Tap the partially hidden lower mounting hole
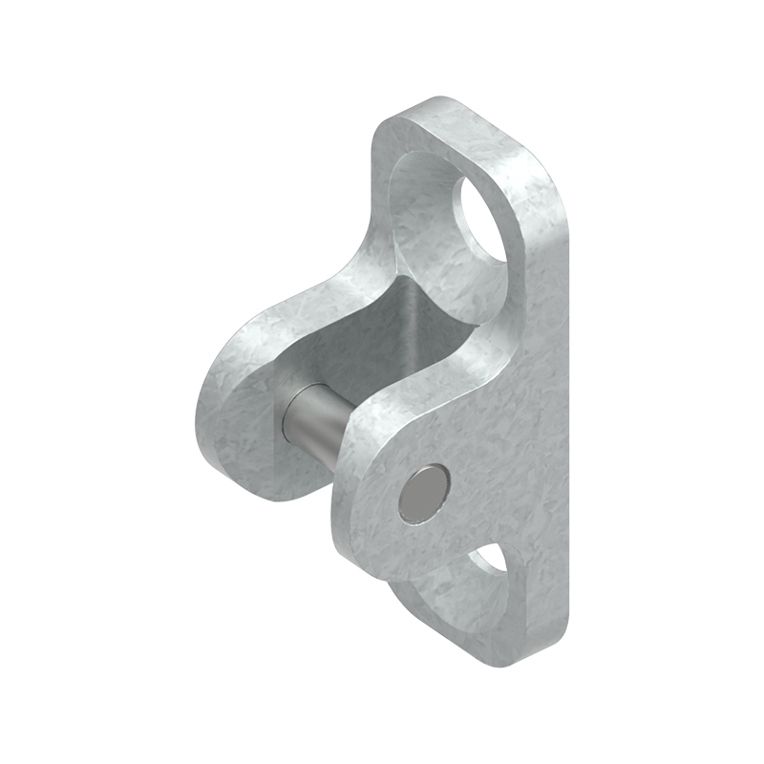pos(493,558)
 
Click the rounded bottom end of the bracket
pos(497,659)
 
